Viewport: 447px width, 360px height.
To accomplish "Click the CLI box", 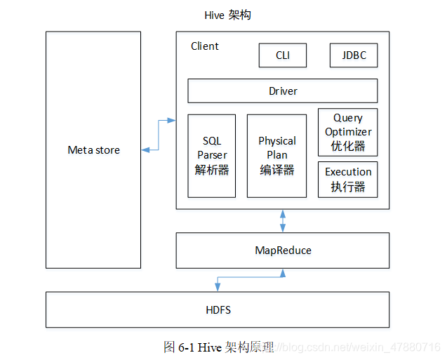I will (282, 55).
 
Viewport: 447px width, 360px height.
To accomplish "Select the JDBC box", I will (353, 55).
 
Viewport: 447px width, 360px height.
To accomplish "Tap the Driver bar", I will (282, 91).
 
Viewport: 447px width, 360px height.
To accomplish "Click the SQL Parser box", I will (212, 155).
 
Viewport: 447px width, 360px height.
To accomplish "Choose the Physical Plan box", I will (276, 155).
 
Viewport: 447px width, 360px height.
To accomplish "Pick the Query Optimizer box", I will (348, 131).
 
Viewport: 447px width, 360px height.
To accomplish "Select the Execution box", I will (348, 179).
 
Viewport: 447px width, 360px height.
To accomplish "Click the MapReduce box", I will (282, 251).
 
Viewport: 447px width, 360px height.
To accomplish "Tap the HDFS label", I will (218, 310).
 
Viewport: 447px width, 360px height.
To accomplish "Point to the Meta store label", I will (93, 150).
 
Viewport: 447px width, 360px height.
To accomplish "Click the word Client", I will (205, 46).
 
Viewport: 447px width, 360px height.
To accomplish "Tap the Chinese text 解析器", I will (212, 169).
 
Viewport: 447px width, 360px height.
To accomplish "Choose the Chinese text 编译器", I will (276, 169).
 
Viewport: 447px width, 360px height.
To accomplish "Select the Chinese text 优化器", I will (348, 145).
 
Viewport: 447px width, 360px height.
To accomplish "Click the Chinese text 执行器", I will (348, 187).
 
